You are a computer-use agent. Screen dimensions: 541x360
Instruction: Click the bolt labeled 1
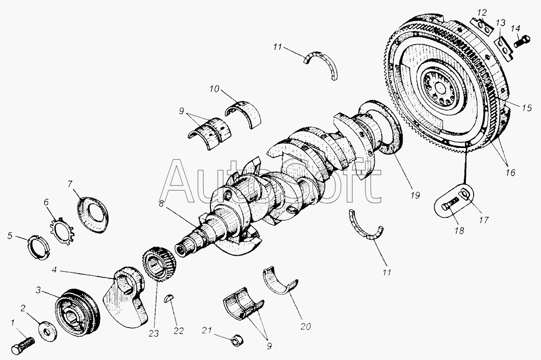tap(23, 345)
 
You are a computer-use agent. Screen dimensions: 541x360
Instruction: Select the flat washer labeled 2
tap(48, 331)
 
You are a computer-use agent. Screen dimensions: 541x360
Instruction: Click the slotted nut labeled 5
tap(37, 247)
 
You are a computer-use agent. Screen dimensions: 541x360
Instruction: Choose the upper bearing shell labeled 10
tap(243, 113)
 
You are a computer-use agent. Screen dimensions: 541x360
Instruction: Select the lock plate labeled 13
tap(503, 47)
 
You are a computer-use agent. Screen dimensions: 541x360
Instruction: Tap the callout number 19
tap(415, 196)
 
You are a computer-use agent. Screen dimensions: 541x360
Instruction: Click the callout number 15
tap(526, 108)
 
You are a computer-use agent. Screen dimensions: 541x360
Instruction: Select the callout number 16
tap(510, 172)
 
